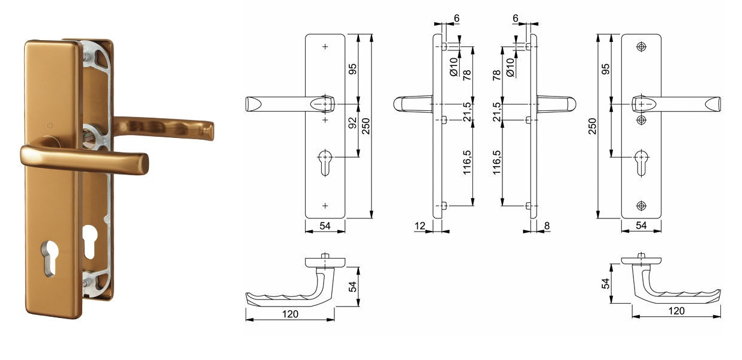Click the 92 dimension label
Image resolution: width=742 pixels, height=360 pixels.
coord(353,122)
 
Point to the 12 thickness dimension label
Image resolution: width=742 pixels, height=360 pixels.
coord(420,226)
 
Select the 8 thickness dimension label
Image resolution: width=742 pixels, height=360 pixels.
coord(547,226)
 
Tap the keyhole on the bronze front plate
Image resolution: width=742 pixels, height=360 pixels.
coord(50,259)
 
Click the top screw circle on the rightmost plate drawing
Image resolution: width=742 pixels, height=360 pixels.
coord(641,47)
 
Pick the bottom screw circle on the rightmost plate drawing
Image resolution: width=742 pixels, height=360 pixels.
coord(641,206)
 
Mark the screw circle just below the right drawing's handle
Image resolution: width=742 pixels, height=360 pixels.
coord(641,120)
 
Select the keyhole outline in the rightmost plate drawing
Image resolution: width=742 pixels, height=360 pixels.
coord(642,163)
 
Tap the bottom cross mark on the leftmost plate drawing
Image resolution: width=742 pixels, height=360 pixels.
coord(325,206)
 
